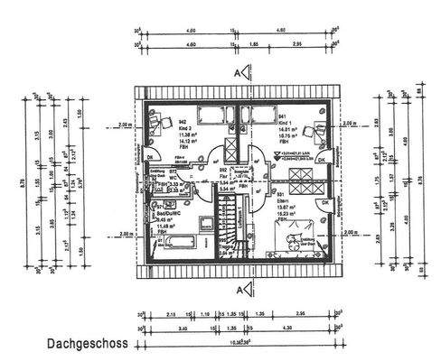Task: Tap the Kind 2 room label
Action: coord(161,130)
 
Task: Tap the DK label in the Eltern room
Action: coord(325,203)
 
